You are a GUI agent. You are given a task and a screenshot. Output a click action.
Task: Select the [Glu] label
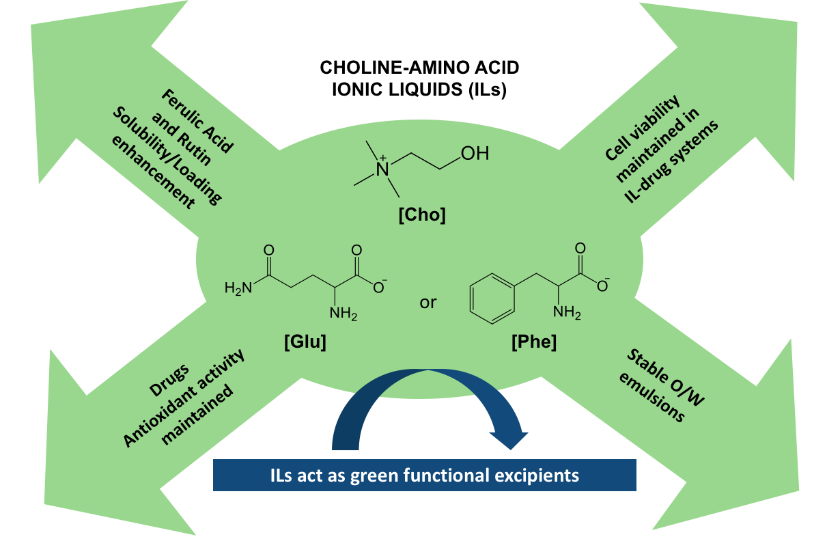tap(305, 342)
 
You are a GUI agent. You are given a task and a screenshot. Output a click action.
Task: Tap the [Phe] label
tap(533, 342)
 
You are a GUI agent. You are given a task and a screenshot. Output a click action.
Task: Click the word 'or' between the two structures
tap(427, 302)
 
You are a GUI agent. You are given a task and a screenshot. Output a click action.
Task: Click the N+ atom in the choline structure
tap(384, 167)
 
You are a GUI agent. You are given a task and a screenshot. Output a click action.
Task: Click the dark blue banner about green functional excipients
tap(424, 475)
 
